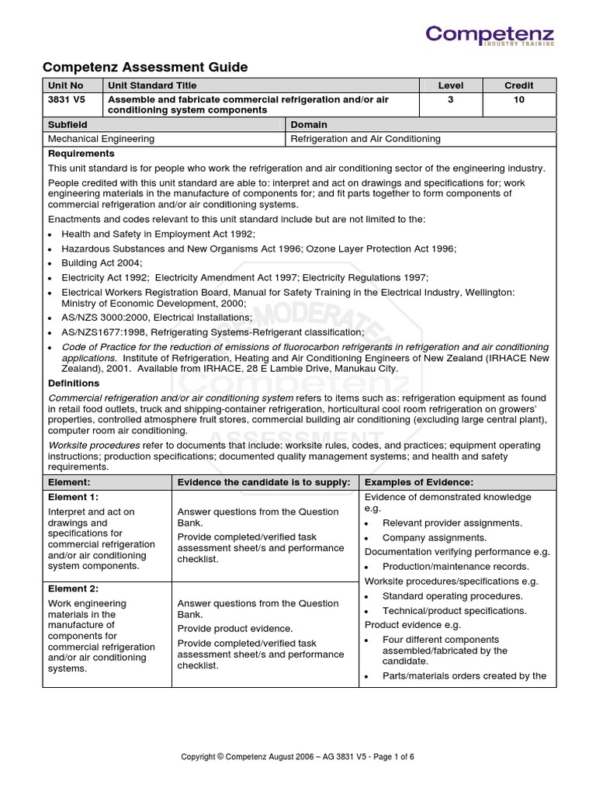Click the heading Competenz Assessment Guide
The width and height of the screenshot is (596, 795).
pos(144,68)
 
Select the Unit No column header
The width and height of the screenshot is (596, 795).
pos(65,85)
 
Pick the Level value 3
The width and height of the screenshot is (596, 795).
pos(450,100)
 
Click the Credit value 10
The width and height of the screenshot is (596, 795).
pos(518,100)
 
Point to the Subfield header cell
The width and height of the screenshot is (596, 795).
pos(68,124)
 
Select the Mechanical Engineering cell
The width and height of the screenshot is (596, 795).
pos(101,139)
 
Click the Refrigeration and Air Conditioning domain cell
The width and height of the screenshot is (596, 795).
pos(365,139)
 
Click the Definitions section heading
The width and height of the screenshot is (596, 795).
pos(74,384)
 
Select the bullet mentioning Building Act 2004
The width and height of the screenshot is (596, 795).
pos(106,262)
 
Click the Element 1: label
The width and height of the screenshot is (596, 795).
pos(73,497)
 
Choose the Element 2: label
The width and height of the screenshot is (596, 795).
pos(73,588)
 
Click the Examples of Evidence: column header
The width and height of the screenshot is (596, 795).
pos(419,482)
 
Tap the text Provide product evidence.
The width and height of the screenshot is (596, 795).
pos(235,628)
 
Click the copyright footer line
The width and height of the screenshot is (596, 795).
pos(298,756)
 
